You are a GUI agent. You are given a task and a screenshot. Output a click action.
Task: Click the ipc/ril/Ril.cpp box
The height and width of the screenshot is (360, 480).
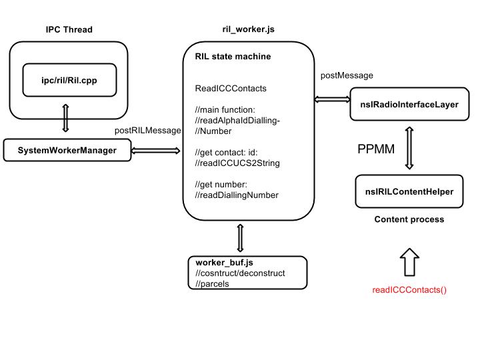coord(69,80)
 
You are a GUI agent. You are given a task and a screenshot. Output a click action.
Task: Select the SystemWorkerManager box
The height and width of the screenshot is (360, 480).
coord(67,150)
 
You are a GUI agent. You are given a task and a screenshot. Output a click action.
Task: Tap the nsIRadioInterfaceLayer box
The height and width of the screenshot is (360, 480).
coord(409,104)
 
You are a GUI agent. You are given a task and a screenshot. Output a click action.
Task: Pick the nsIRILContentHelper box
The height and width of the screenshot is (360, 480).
coord(409,191)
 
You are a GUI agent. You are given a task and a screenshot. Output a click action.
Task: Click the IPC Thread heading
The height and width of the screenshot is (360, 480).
coord(69,29)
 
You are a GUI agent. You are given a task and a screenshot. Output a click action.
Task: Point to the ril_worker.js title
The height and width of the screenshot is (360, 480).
coord(248,29)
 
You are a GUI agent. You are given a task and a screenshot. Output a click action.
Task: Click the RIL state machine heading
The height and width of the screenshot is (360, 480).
coord(233,56)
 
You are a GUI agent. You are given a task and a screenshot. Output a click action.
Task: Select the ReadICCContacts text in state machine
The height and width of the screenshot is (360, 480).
coord(231,89)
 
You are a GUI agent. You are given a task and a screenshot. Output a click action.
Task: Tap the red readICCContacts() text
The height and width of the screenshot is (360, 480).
coord(409,290)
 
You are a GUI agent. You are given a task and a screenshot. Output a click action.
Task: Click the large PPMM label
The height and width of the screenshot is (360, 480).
coord(376,149)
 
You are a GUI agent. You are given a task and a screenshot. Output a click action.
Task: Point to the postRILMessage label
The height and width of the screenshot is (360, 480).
coord(147,131)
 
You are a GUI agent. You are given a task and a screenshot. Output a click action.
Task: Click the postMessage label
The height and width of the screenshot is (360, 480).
coord(347,75)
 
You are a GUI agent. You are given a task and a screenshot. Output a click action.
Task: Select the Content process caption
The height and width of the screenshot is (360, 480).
coord(409,219)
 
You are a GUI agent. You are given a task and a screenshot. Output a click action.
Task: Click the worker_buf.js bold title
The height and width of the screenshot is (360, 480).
coord(224,263)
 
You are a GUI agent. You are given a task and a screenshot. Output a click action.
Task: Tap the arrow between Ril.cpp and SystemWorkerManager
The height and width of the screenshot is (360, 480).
coord(65,118)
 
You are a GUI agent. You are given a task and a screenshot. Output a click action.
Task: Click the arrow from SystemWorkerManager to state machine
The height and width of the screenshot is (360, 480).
coord(156,151)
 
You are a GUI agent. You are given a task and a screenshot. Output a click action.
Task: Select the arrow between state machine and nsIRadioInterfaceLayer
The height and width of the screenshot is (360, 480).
coord(333,99)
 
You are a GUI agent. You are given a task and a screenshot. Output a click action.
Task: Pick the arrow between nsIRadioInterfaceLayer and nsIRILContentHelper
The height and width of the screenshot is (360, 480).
coord(409,148)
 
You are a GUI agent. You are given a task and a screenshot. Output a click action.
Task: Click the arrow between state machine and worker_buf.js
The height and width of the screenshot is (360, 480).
coord(240,238)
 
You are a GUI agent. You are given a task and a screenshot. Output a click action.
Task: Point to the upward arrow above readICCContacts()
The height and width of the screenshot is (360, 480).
coord(409,262)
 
